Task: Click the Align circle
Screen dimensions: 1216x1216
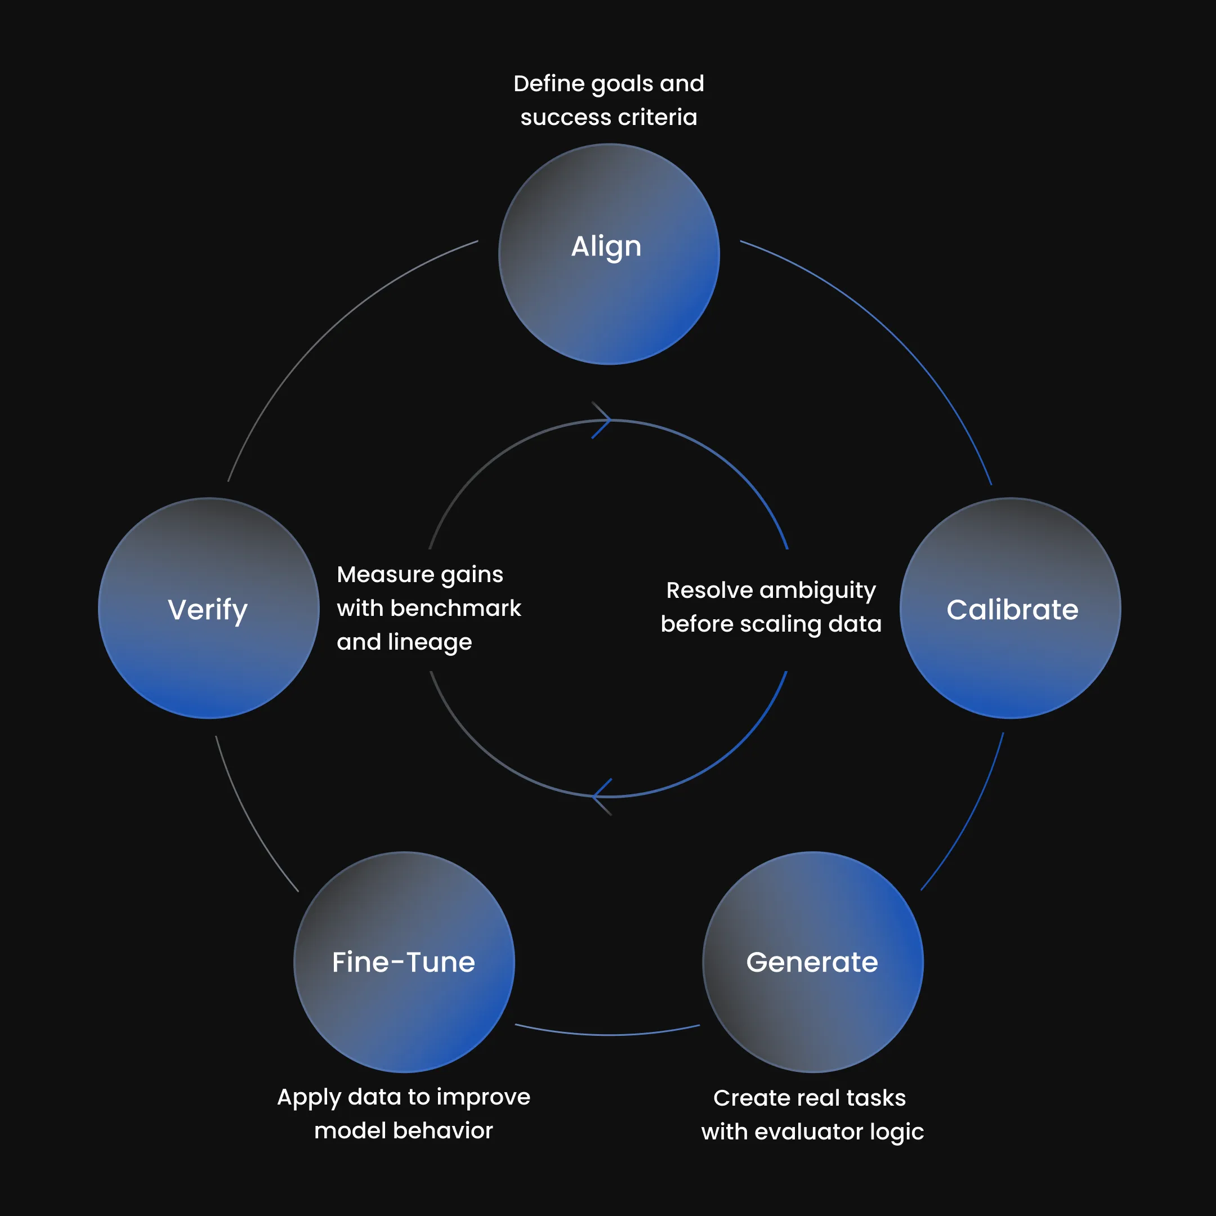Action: click(x=609, y=254)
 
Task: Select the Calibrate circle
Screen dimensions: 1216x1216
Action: click(x=1009, y=608)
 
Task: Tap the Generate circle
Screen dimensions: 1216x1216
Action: click(x=812, y=962)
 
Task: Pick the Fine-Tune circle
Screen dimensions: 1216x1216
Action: click(x=404, y=962)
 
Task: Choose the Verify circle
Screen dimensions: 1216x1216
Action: click(x=208, y=608)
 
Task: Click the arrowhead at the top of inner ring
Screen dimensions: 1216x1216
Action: click(x=602, y=420)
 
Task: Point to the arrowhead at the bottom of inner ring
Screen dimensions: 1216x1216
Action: click(x=602, y=797)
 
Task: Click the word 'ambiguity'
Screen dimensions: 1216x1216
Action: click(x=817, y=591)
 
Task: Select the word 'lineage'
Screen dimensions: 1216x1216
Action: click(x=430, y=642)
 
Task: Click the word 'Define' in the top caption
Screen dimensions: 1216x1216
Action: click(x=549, y=83)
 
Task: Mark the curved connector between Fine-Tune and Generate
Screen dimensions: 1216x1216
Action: click(x=608, y=1034)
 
